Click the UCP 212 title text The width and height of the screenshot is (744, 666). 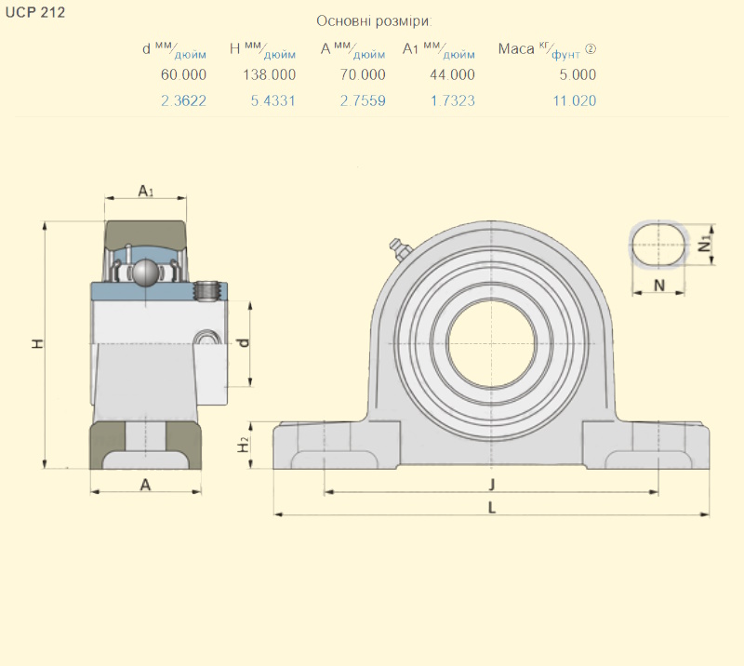click(35, 13)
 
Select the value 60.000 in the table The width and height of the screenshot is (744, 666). click(183, 75)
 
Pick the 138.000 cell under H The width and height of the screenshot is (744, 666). click(269, 75)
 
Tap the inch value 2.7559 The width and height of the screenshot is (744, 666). click(363, 100)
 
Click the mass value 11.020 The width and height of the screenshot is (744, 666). click(574, 100)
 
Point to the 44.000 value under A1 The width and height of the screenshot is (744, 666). click(452, 75)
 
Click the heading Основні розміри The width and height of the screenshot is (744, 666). click(374, 21)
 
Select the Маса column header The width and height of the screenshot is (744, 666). click(516, 49)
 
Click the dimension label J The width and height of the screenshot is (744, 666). click(492, 485)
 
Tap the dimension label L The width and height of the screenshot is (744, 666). click(492, 508)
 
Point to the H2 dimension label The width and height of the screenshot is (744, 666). click(243, 445)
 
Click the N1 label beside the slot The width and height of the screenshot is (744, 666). click(706, 244)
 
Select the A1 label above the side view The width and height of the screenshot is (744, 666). click(145, 191)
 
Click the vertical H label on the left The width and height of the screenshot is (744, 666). click(37, 343)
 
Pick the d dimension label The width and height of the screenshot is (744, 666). click(244, 342)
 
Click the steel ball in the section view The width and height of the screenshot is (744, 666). click(146, 273)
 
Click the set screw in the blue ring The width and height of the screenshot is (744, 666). click(207, 291)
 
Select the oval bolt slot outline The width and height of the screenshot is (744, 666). click(658, 245)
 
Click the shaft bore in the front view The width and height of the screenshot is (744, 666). click(492, 344)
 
